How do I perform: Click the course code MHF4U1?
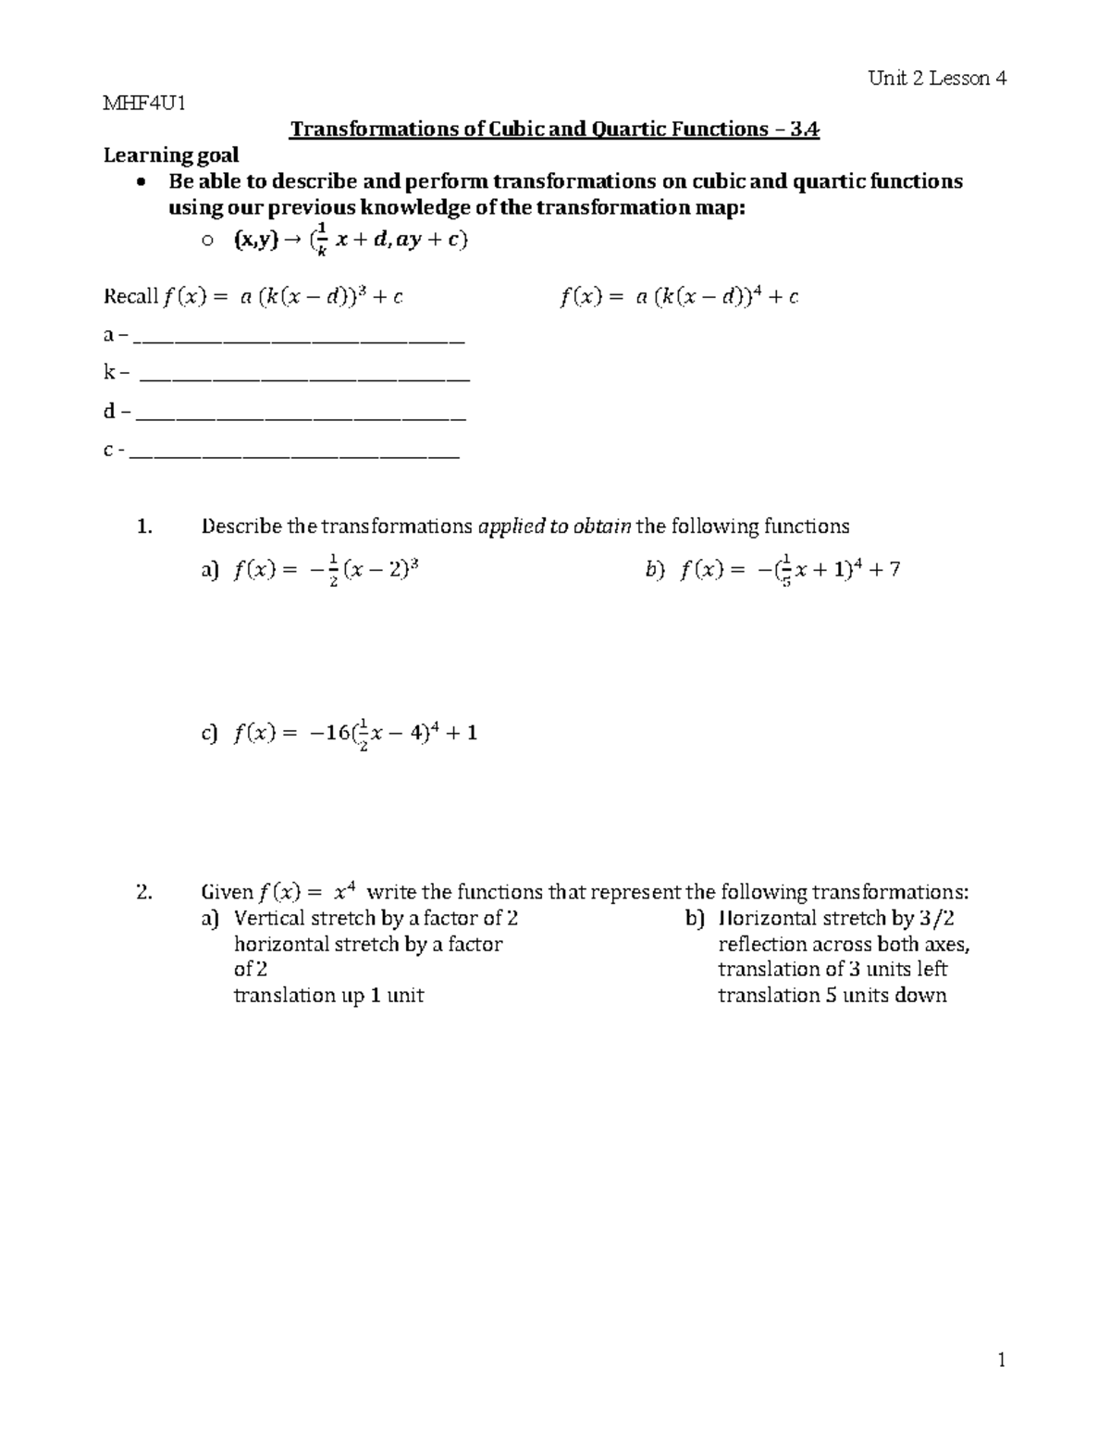144,103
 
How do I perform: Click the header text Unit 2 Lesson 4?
937,79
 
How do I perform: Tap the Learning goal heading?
171,155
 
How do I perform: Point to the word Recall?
130,297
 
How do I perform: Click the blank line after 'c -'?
295,454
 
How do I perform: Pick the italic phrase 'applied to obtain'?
554,527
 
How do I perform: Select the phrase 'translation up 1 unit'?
328,996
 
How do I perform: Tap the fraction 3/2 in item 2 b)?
937,919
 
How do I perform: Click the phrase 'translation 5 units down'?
832,996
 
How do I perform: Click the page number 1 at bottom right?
1001,1360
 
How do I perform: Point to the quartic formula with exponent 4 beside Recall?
679,297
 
